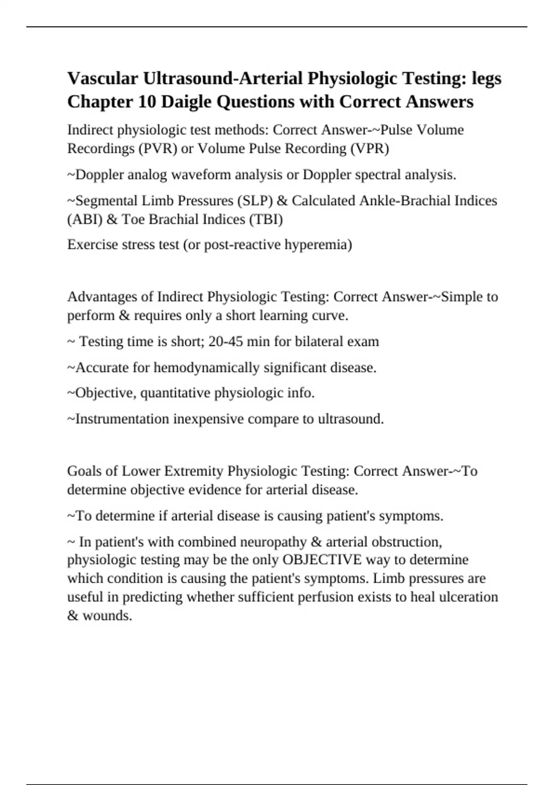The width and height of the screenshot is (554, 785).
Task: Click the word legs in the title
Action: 486,78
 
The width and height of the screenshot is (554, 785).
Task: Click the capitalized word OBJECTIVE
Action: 322,560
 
